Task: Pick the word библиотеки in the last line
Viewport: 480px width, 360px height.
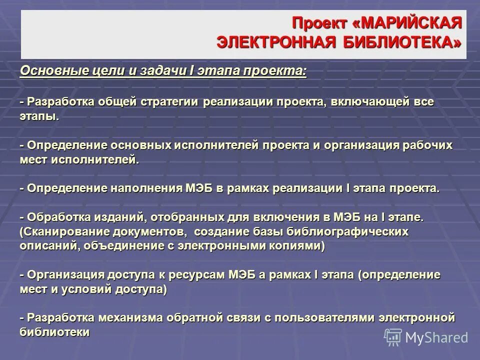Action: tap(55, 332)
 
